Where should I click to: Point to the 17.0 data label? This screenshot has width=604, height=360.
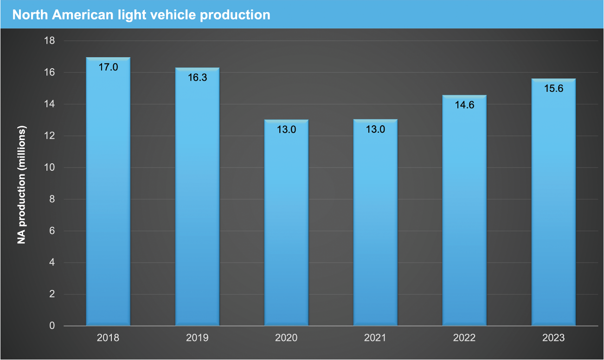coord(108,67)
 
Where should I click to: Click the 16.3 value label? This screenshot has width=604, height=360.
coord(197,78)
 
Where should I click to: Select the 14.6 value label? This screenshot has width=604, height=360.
coord(464,105)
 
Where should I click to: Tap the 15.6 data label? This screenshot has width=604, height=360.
coord(553,89)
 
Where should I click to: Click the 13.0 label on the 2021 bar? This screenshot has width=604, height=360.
coord(375,130)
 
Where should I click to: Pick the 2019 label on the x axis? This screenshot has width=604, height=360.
coord(197,338)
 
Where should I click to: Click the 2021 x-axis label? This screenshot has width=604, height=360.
coord(375,338)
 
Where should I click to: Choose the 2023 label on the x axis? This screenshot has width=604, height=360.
coord(553,338)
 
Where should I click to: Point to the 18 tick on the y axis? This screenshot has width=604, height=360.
coord(49,41)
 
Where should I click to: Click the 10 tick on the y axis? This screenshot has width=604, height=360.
coord(49,167)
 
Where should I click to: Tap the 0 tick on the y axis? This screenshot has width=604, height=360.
coord(52,326)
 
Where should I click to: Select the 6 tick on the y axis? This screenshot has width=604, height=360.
coord(52,231)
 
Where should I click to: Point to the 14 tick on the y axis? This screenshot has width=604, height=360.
coord(49,104)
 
